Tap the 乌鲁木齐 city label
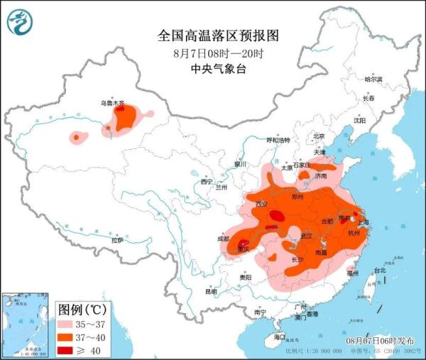tap(112, 104)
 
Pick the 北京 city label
tap(319, 136)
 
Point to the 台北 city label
tap(379, 271)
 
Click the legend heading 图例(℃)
tap(82, 310)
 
